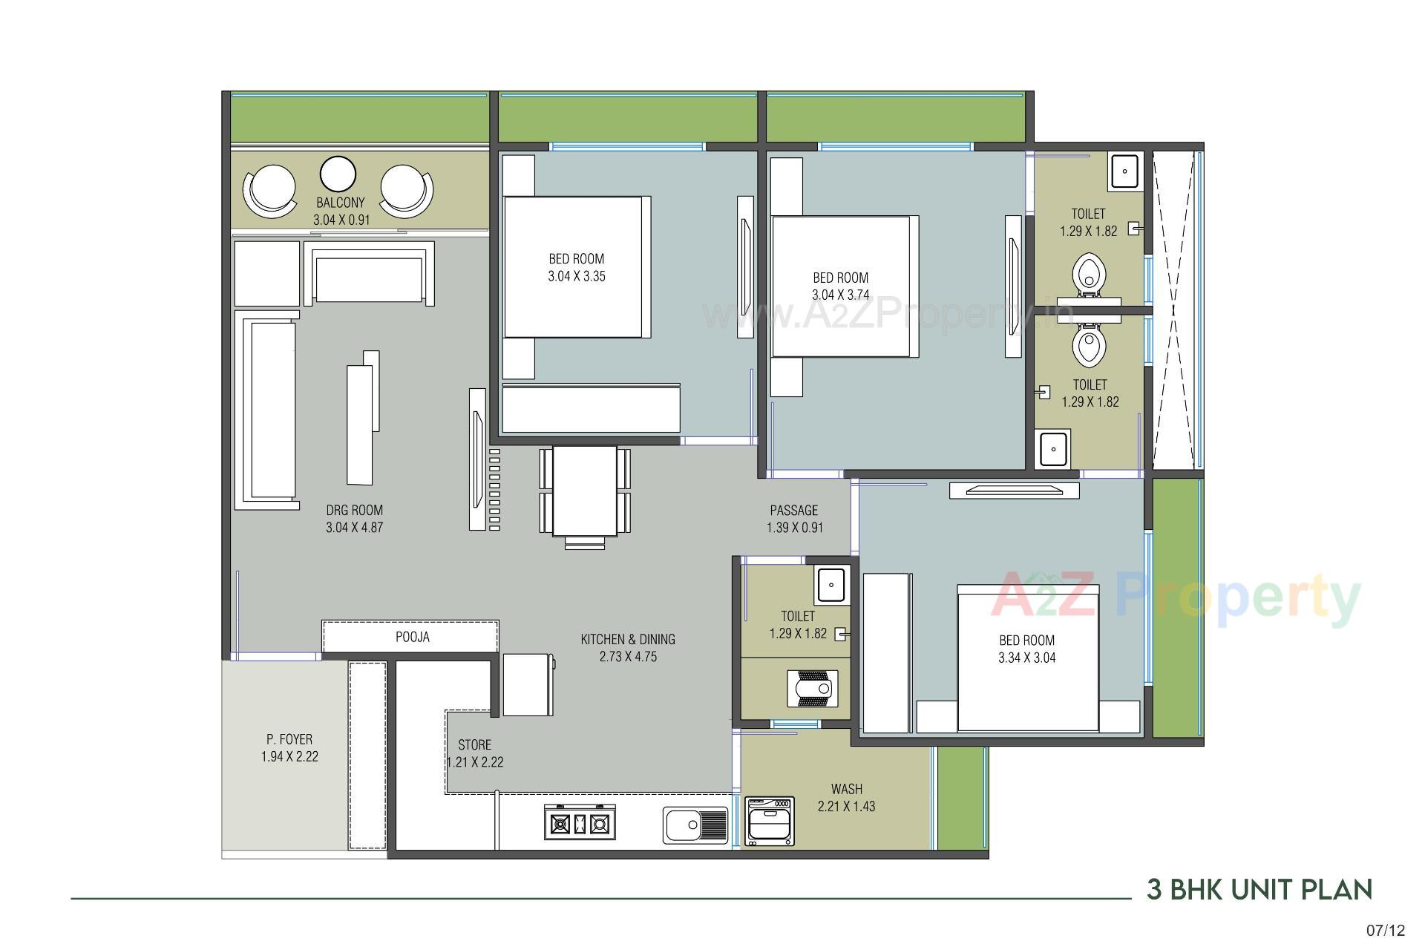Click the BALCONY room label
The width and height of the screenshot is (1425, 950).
(x=341, y=203)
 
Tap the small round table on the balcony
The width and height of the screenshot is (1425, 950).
(x=338, y=174)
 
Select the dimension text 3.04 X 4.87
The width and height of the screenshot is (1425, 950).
(x=354, y=528)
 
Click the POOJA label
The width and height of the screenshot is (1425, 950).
(x=412, y=637)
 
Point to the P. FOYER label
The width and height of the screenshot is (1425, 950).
(x=289, y=739)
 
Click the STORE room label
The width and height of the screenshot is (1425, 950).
(x=474, y=744)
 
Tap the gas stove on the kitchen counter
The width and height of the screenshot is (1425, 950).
(x=580, y=822)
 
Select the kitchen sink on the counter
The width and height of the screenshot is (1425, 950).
(x=695, y=825)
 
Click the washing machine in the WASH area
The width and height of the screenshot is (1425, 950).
(x=770, y=821)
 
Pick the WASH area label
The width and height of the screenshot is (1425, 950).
(x=846, y=789)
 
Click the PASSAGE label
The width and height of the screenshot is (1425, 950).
(x=794, y=511)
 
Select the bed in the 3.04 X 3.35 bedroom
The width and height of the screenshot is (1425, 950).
(x=574, y=267)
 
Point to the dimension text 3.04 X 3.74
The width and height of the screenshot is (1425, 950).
(x=840, y=295)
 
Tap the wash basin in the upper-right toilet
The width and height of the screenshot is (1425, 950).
(x=1125, y=171)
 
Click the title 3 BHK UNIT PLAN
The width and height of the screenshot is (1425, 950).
(x=1259, y=889)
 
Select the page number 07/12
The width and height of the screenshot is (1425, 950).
(x=1386, y=930)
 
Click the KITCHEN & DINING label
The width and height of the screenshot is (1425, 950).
(x=628, y=639)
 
